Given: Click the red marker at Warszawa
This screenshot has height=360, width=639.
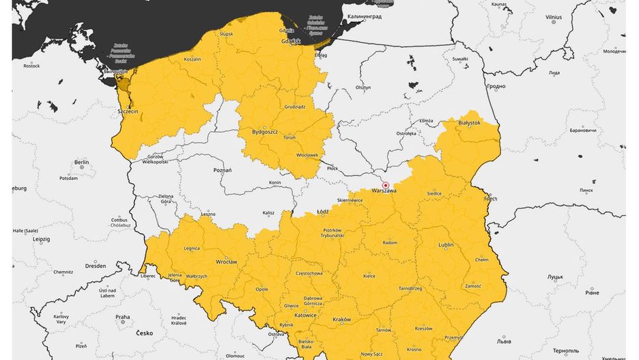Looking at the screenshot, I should click(x=386, y=185).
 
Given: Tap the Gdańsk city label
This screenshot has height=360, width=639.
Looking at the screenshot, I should click(x=291, y=41).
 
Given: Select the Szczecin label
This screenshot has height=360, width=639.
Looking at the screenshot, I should click(x=127, y=111).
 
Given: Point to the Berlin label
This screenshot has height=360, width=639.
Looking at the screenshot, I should click(x=82, y=163).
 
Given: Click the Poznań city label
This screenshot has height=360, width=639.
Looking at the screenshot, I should click(x=223, y=169).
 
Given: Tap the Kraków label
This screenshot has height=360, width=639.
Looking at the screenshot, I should click(x=341, y=320).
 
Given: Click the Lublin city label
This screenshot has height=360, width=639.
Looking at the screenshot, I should click(x=446, y=245).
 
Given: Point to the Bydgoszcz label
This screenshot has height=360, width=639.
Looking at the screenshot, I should click(x=265, y=131).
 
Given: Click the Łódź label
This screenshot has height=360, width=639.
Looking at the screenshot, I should click(x=323, y=212).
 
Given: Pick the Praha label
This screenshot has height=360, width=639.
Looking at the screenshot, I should click(x=122, y=317).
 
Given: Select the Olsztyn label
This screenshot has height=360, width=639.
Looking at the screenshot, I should click(x=363, y=87).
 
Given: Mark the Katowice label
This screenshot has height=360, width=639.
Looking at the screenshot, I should click(x=305, y=315).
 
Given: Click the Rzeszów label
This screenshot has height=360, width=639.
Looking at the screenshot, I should click(x=423, y=329).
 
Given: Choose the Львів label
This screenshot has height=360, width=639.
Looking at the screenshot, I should click(x=505, y=340).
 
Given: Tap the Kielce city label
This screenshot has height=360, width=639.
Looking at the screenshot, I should click(x=369, y=276).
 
